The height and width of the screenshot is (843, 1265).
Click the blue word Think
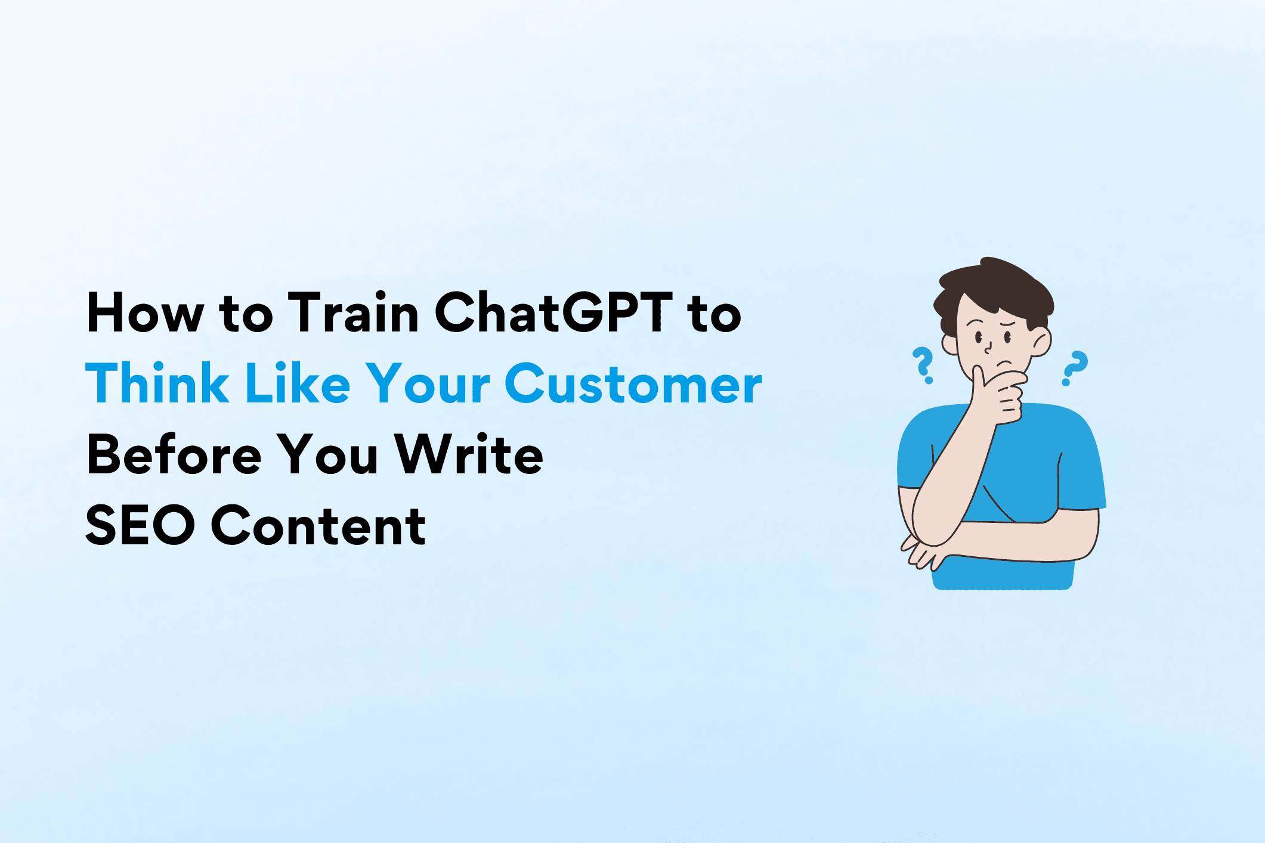tap(157, 385)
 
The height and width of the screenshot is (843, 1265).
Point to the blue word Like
tap(298, 385)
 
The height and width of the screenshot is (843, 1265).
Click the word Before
tap(174, 455)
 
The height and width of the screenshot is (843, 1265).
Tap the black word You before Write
tap(328, 455)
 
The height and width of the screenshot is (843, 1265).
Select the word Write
tap(469, 455)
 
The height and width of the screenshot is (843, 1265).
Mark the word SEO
tap(140, 526)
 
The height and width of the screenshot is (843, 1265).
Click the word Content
tap(318, 526)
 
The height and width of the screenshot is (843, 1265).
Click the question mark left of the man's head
tap(923, 365)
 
